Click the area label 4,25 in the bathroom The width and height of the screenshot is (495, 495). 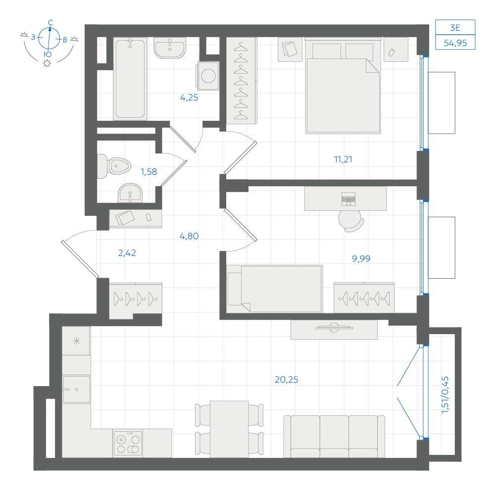tap(189, 98)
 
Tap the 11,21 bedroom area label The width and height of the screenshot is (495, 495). tap(343, 159)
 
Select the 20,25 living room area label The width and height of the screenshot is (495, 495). tap(286, 380)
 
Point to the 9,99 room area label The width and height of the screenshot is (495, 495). tap(361, 259)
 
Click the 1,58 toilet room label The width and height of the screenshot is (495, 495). tap(148, 172)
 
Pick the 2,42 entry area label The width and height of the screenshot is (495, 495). tap(127, 253)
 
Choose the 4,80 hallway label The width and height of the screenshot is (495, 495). tap(189, 236)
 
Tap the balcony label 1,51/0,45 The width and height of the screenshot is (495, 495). tap(445, 395)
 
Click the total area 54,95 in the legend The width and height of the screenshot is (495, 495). tap(455, 43)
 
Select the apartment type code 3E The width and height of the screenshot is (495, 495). tap(455, 28)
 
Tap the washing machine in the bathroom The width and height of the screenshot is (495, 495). tap(208, 76)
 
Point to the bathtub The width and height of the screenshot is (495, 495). tap(130, 79)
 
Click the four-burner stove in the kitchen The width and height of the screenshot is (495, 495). tap(128, 443)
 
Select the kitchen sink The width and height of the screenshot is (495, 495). tap(77, 389)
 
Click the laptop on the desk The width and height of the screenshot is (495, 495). tap(348, 199)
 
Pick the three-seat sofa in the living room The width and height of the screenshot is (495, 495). tap(334, 437)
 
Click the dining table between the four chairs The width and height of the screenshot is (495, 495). tap(229, 429)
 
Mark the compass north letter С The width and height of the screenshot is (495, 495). tap(50, 22)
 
